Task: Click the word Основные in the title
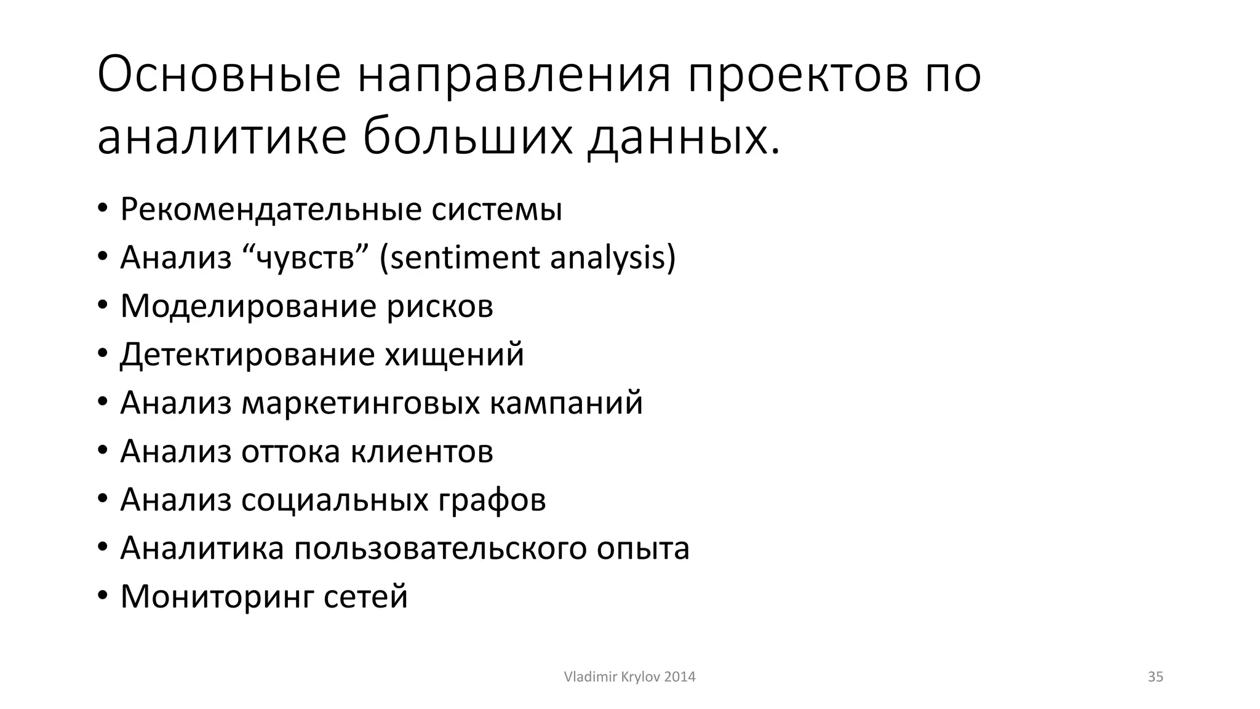[218, 75]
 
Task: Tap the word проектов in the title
[797, 75]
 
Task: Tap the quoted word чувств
[306, 258]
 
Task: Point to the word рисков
[440, 306]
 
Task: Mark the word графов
[492, 500]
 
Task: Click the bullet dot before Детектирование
[103, 355]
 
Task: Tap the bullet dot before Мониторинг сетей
[103, 597]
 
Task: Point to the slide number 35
[1155, 677]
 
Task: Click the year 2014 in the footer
[680, 677]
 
